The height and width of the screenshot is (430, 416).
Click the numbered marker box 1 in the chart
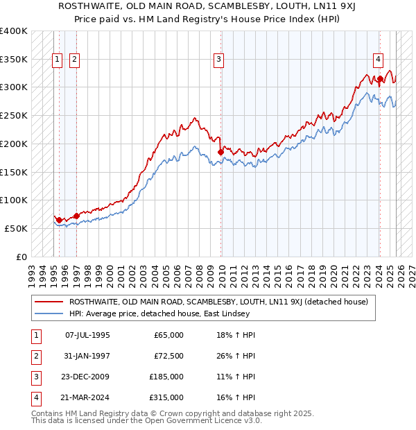58,60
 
